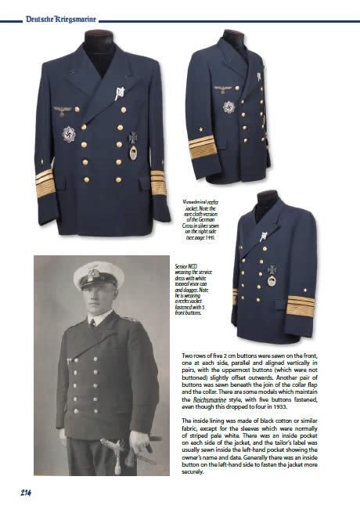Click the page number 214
[20, 492]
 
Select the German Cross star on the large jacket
[70, 134]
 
